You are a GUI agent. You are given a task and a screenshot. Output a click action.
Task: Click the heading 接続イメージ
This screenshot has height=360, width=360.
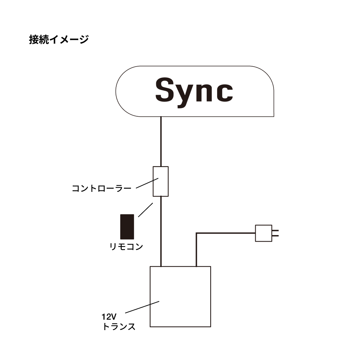point(59,39)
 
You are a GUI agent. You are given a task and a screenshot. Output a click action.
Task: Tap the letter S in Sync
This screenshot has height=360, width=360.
point(168,90)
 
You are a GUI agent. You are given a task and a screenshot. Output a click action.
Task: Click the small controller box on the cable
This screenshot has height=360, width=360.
point(161,181)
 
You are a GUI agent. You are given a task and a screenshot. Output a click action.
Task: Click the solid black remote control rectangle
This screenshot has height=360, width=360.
point(127,227)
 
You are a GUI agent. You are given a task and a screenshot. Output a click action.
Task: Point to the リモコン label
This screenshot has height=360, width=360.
point(126,247)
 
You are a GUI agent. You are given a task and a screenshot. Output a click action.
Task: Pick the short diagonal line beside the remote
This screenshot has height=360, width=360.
point(146,210)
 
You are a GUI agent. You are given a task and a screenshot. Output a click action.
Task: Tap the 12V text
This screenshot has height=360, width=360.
point(108,317)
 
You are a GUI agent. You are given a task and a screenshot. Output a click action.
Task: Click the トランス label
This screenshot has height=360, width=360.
point(119,327)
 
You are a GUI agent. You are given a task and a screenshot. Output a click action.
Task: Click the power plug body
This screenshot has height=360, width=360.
point(263,233)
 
